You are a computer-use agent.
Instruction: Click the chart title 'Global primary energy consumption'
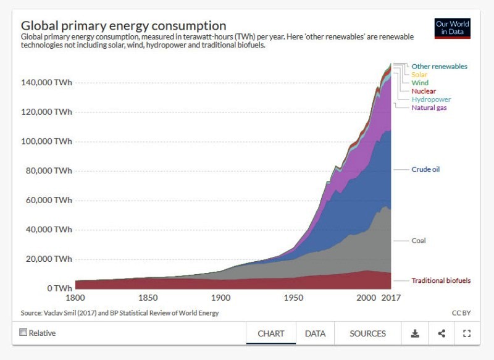(x=124, y=26)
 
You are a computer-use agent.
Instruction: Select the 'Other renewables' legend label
(x=439, y=67)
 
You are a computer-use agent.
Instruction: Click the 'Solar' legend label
(x=419, y=75)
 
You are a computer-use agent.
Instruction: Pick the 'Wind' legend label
(x=420, y=83)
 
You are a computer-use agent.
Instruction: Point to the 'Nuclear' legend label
(x=424, y=91)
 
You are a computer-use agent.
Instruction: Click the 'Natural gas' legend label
(x=429, y=107)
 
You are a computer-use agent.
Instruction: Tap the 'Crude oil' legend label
(x=425, y=169)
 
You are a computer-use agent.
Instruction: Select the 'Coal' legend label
(x=419, y=241)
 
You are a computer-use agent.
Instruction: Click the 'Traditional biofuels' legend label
(x=441, y=280)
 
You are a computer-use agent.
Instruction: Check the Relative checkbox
(x=23, y=332)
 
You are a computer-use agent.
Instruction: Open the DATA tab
(x=315, y=333)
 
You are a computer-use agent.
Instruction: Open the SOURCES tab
(x=367, y=333)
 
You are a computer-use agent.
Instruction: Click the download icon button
(x=415, y=333)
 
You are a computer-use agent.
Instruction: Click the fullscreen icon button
(x=467, y=333)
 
